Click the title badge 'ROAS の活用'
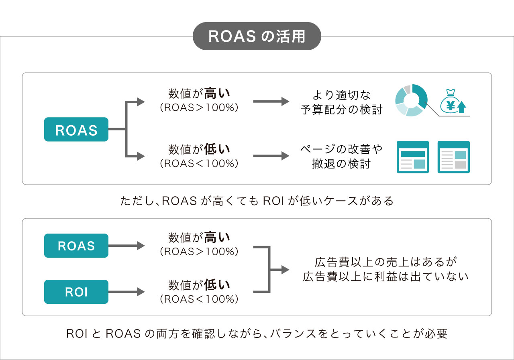[257, 36]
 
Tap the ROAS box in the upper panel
[76, 129]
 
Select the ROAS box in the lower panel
[76, 246]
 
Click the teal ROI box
[76, 292]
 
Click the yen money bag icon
[450, 102]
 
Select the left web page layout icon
[413, 157]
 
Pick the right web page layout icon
[454, 157]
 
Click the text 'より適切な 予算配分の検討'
[341, 102]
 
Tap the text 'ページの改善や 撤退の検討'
[341, 157]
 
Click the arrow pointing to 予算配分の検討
[271, 102]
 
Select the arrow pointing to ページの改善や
[271, 156]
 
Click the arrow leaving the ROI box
[126, 292]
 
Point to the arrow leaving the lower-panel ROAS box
[126, 246]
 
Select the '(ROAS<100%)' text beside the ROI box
[199, 299]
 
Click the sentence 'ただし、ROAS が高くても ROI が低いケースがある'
[257, 201]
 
